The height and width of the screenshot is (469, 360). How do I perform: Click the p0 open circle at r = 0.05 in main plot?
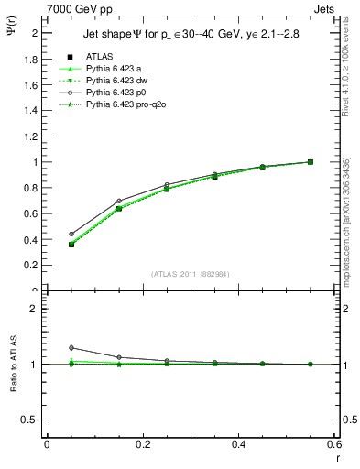71,234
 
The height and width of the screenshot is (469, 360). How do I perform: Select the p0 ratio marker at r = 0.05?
71,347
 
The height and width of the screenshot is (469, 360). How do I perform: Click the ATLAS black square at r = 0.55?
311,162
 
